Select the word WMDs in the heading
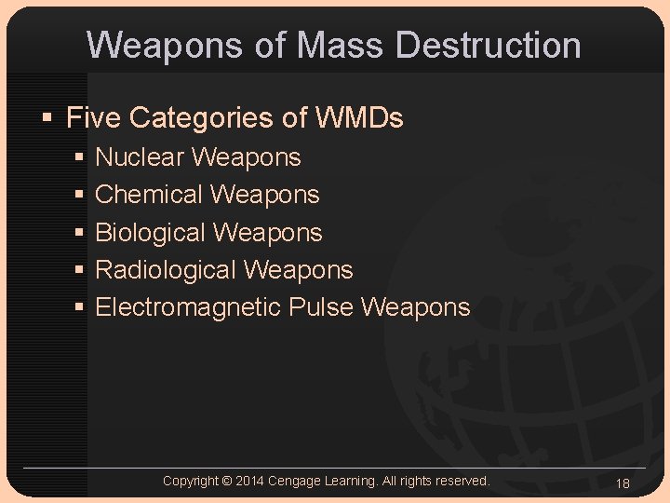(359, 118)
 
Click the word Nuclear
(141, 157)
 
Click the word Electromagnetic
(189, 307)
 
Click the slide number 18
(623, 483)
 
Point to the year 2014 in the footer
(249, 482)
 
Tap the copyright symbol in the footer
(227, 482)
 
